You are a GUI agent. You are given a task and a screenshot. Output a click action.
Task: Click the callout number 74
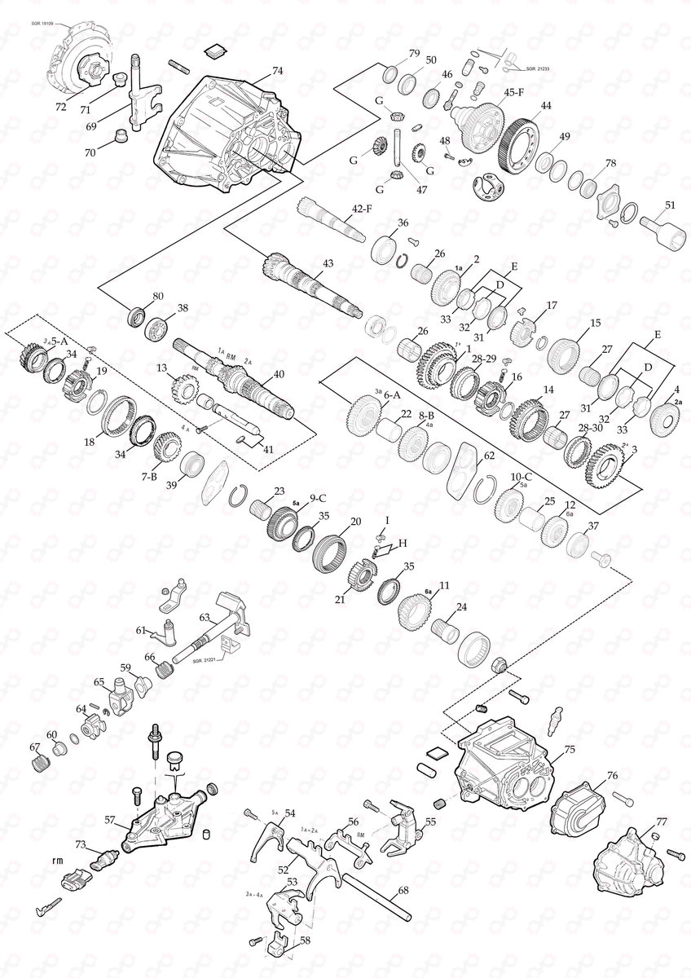(x=278, y=71)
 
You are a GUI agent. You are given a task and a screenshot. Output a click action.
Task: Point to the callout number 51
(x=670, y=206)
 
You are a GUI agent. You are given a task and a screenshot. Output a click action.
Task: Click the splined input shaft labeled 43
(x=310, y=289)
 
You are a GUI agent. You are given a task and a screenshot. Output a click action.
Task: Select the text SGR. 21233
(x=539, y=69)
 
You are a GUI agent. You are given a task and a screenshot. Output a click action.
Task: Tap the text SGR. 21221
(x=206, y=661)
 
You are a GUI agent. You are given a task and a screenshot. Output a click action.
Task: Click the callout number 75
(x=570, y=748)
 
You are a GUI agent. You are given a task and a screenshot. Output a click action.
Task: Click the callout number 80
(x=158, y=295)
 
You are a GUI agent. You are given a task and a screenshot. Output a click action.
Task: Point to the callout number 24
(x=461, y=607)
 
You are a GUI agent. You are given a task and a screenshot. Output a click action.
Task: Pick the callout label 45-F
(x=513, y=92)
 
